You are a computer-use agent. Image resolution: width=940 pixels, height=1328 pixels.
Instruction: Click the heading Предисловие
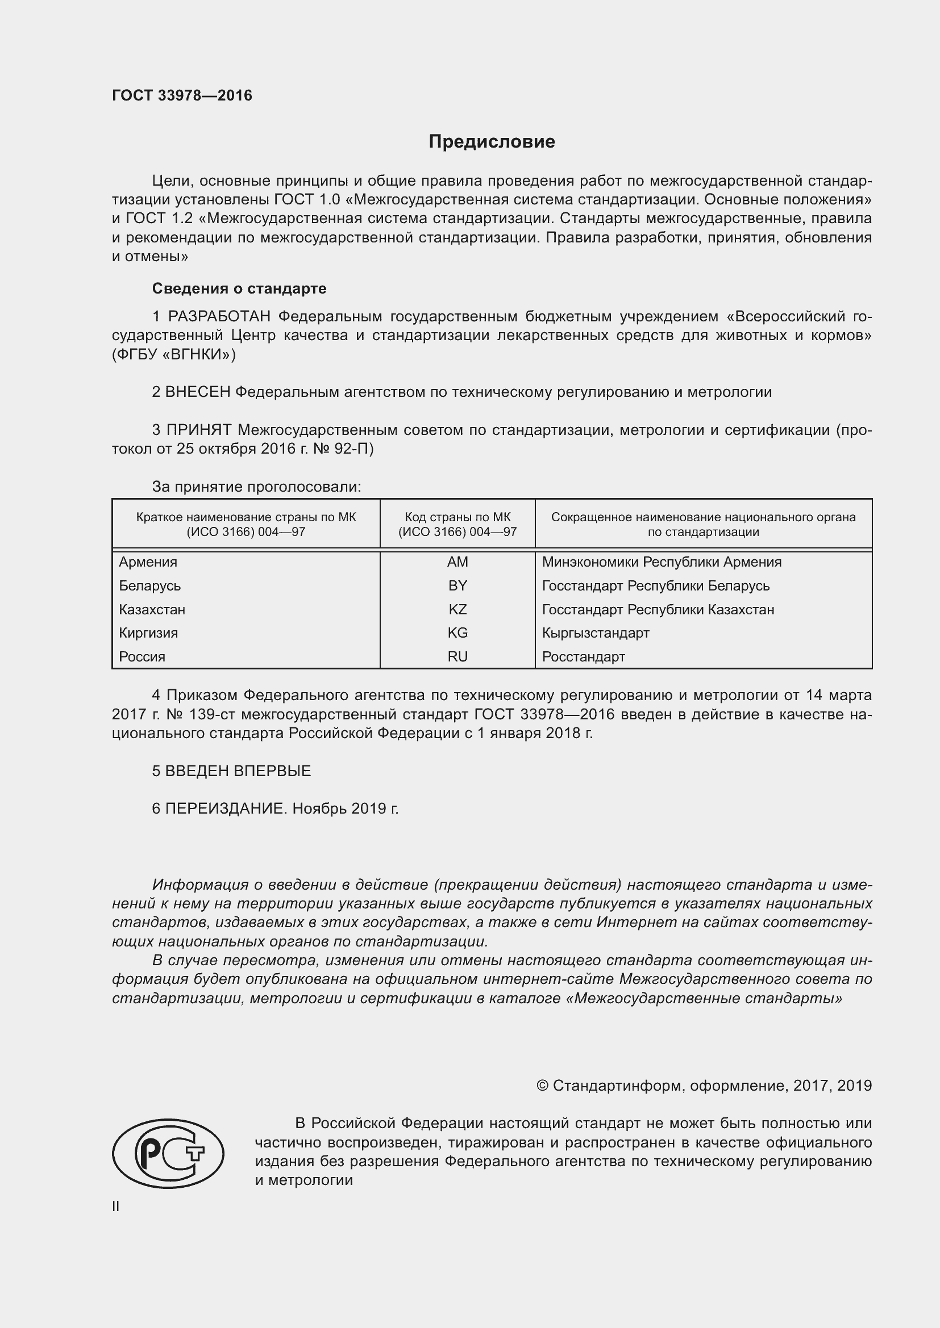[492, 142]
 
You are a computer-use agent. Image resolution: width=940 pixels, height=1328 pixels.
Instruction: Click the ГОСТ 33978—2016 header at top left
[182, 95]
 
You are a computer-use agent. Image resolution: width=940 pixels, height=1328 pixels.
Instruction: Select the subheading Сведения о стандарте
[239, 288]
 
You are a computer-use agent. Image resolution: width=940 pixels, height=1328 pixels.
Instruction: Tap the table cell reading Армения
[148, 562]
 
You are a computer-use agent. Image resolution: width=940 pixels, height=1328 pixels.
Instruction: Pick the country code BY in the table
[457, 585]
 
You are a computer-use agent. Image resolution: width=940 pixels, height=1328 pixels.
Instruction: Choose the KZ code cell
[457, 609]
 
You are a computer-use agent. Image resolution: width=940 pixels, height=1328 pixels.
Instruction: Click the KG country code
[457, 632]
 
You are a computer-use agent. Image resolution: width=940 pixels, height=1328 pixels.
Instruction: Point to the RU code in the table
[457, 656]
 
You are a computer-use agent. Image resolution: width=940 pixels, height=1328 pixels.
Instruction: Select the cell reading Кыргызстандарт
[596, 632]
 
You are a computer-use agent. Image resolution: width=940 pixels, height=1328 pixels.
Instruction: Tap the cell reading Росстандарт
[584, 656]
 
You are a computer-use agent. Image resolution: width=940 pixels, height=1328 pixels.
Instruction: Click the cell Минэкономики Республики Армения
[662, 562]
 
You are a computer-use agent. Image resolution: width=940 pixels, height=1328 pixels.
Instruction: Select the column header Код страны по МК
[457, 517]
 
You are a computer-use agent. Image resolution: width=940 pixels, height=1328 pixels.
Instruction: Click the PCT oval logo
[168, 1153]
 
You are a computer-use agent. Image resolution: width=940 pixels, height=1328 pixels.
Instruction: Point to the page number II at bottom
[116, 1206]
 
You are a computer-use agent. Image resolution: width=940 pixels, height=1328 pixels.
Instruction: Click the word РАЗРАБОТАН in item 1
[219, 316]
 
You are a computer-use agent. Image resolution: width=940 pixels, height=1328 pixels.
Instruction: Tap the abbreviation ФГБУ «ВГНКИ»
[174, 354]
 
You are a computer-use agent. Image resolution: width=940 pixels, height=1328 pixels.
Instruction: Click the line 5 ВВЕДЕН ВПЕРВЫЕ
[231, 770]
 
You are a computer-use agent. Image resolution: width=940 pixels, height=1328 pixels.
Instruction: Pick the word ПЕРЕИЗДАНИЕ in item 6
[226, 808]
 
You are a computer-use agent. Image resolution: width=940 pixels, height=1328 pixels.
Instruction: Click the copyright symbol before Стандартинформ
[542, 1085]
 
